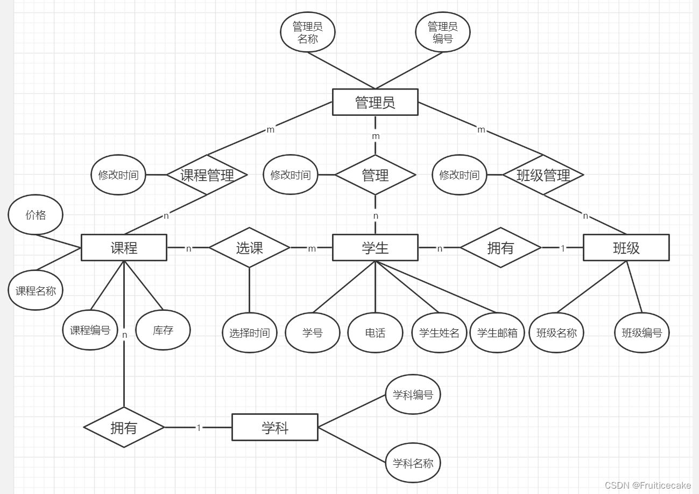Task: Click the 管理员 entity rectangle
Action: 375,102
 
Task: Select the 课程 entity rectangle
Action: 124,248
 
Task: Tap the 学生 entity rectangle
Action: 375,248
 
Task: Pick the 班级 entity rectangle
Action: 626,248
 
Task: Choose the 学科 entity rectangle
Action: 275,428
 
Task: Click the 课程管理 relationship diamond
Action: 207,175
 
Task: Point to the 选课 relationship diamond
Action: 250,248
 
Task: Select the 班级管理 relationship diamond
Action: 543,175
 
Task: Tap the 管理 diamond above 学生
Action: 375,175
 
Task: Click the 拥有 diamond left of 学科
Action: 124,428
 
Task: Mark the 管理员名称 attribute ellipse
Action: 308,32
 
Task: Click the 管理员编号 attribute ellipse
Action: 443,32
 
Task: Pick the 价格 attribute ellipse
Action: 36,215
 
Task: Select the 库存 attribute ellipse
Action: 163,330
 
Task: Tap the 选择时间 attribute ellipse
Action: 250,333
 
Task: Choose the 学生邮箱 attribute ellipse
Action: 497,333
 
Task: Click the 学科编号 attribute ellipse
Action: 413,395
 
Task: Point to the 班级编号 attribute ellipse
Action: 642,333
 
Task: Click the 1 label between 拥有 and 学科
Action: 199,428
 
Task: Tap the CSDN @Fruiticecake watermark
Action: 647,485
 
